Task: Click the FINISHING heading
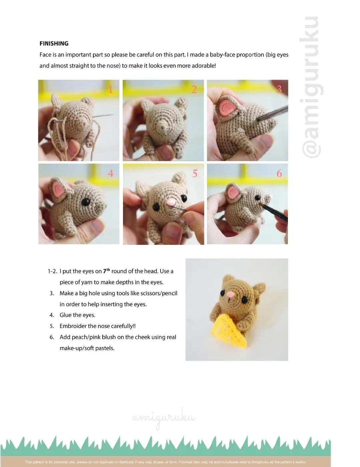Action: pos(54,43)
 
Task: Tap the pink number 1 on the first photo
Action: pos(111,89)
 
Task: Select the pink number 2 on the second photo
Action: pos(194,89)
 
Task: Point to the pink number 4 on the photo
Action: pos(111,173)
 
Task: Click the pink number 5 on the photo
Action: pos(195,173)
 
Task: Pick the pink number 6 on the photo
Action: pos(279,173)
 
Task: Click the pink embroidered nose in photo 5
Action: pos(171,202)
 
